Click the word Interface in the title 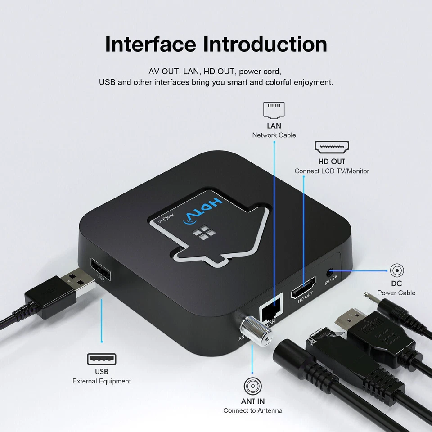coord(150,44)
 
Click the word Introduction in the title coord(265,44)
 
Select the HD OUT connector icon coord(332,147)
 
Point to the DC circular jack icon coord(396,270)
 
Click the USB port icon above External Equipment coord(102,359)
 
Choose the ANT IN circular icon coord(252,386)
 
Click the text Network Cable coord(274,135)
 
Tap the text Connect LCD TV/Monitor coord(332,171)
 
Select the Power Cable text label coord(396,292)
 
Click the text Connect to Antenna coord(253,410)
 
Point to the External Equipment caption coord(102,381)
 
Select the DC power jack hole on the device coord(331,272)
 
